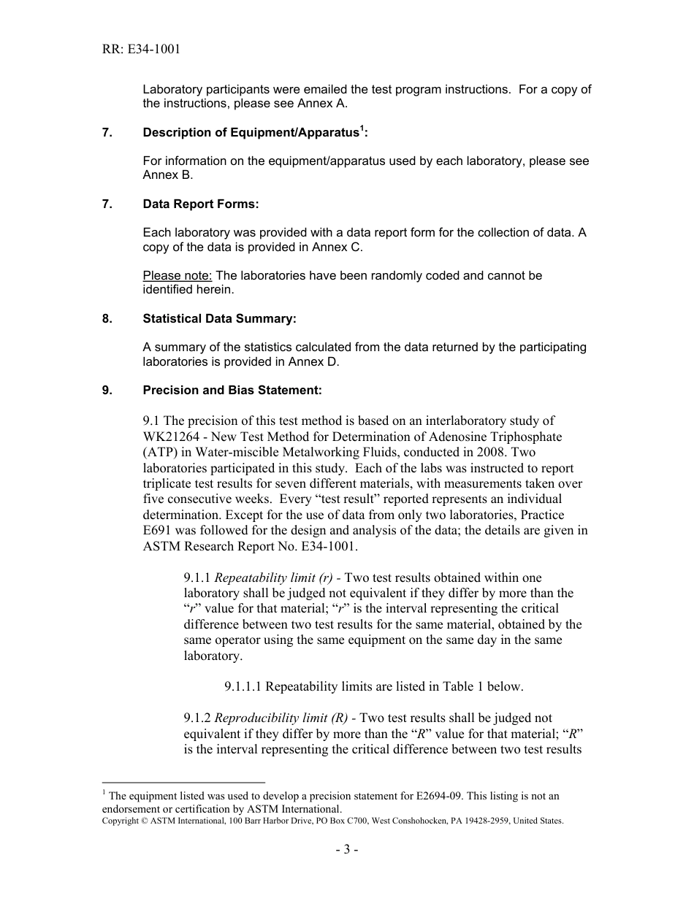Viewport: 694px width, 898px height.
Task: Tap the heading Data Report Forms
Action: pyautogui.click(x=200, y=204)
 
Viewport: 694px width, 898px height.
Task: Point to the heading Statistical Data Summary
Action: pyautogui.click(x=219, y=319)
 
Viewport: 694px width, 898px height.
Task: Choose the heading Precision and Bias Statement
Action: pyautogui.click(x=232, y=391)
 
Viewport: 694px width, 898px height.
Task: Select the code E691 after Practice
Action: pyautogui.click(x=160, y=531)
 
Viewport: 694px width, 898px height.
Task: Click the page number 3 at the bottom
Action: pyautogui.click(x=347, y=851)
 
